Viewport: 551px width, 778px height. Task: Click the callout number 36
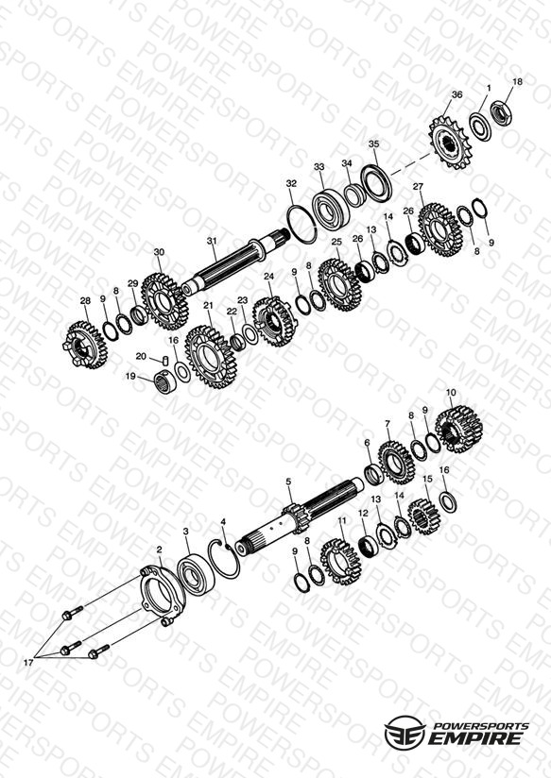click(456, 94)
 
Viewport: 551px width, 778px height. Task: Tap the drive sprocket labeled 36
click(450, 143)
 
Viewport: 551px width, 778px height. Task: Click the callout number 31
click(212, 241)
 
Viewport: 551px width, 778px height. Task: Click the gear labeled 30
click(165, 301)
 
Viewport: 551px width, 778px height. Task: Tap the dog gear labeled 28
click(85, 345)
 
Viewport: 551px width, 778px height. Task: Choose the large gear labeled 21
click(212, 357)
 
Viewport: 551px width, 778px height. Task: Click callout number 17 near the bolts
click(28, 663)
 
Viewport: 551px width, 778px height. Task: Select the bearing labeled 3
click(196, 572)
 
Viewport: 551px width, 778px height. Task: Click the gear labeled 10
click(459, 430)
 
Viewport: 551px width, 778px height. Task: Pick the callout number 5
click(288, 482)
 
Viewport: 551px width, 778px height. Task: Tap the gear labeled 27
click(440, 229)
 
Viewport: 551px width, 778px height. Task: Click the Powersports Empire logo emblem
click(405, 733)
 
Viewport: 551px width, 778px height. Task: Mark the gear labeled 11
click(340, 561)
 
